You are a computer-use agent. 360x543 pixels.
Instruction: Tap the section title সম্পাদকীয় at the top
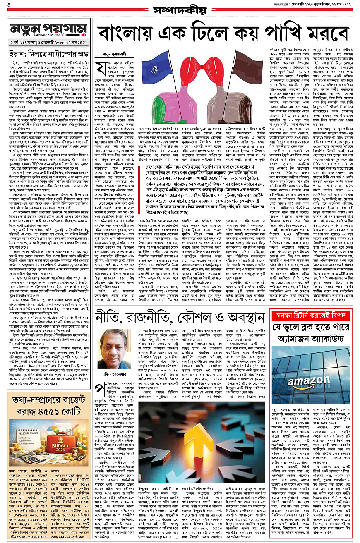point(180,10)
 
